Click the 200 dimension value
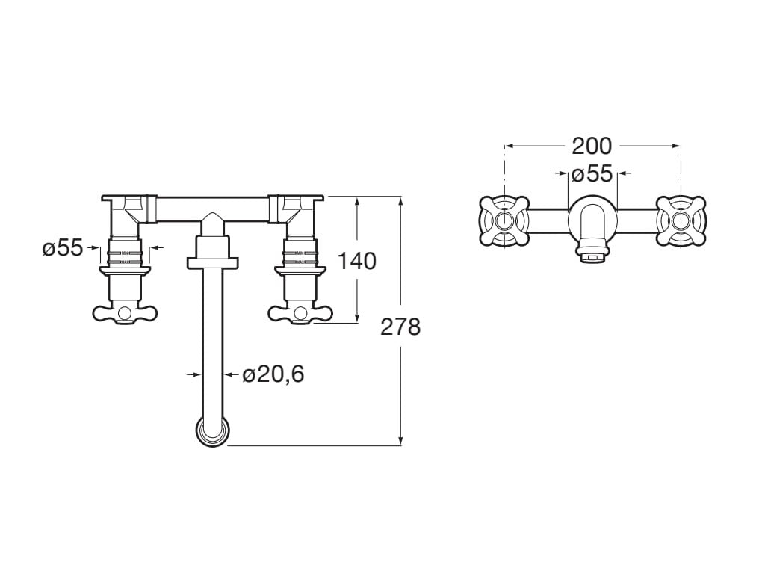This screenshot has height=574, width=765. (x=592, y=146)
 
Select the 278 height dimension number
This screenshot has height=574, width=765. (x=400, y=327)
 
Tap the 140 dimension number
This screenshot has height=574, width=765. (x=357, y=261)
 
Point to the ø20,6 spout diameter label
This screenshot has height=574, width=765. (x=273, y=374)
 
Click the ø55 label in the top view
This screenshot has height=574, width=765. (x=592, y=174)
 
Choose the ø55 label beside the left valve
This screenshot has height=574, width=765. (x=62, y=248)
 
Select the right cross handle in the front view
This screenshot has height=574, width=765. (x=300, y=313)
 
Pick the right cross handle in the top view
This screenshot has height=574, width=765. (x=680, y=220)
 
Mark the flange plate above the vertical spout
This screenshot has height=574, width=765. (x=213, y=262)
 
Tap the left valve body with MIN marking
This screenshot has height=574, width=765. (x=125, y=253)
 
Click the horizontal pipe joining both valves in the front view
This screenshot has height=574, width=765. (x=213, y=208)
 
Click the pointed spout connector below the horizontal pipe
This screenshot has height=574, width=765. (x=213, y=224)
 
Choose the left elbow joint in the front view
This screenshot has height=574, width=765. (x=127, y=212)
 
